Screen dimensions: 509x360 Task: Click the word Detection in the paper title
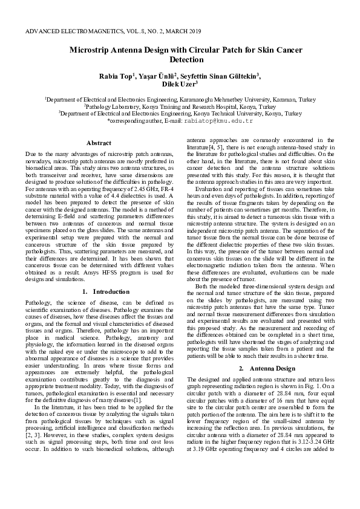pos(187,60)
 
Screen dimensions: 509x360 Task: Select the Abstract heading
pos(99,143)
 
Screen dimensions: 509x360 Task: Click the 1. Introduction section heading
pos(99,291)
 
